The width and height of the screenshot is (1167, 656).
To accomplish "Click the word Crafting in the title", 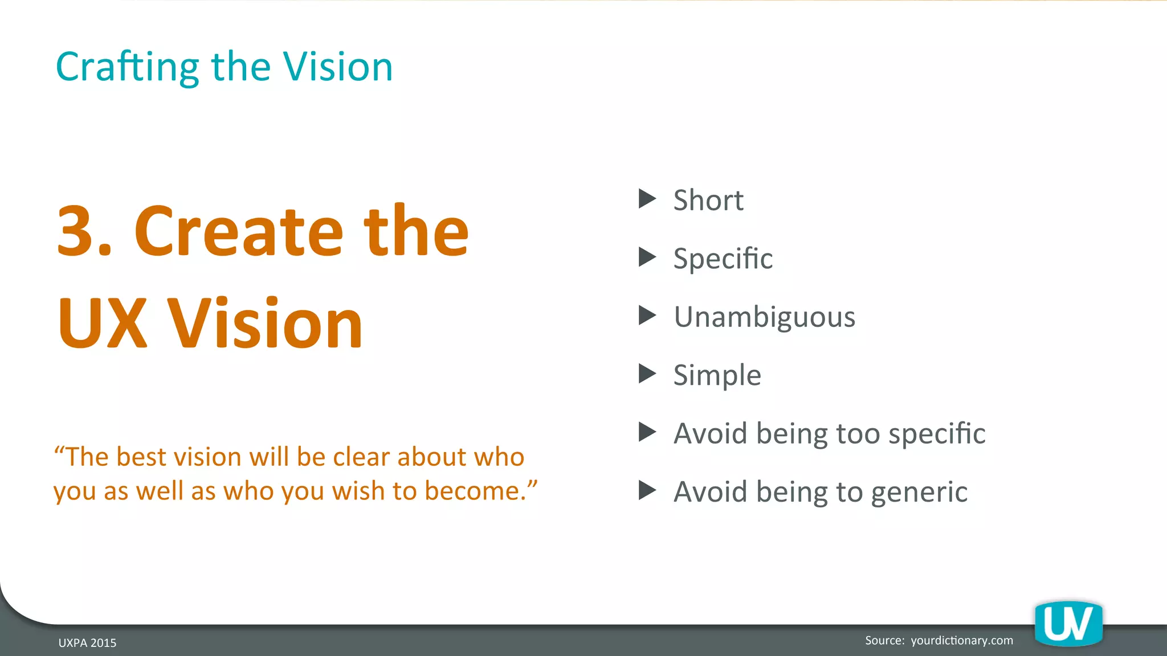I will tap(127, 67).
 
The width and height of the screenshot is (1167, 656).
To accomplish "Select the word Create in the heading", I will tap(238, 231).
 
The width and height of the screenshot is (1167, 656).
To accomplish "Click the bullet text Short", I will tap(708, 200).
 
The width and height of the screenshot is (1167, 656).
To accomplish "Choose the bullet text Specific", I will tap(723, 259).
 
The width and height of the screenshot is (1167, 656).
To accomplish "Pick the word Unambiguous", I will tap(764, 317).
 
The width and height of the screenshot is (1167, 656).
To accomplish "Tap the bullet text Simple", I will tap(717, 375).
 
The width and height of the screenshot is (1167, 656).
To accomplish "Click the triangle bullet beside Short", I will tap(647, 199).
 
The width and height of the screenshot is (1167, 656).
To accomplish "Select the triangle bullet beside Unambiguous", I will tap(647, 315).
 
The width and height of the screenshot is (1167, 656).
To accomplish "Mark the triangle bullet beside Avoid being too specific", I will tap(647, 432).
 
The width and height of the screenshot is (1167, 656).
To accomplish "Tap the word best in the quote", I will tap(141, 457).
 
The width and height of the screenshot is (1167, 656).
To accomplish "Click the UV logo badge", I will tap(1068, 624).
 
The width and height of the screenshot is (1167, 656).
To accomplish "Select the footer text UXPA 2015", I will tap(87, 643).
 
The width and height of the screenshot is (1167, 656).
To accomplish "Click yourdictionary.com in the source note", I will tap(962, 641).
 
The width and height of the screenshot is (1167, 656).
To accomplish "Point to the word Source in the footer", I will tap(884, 641).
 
